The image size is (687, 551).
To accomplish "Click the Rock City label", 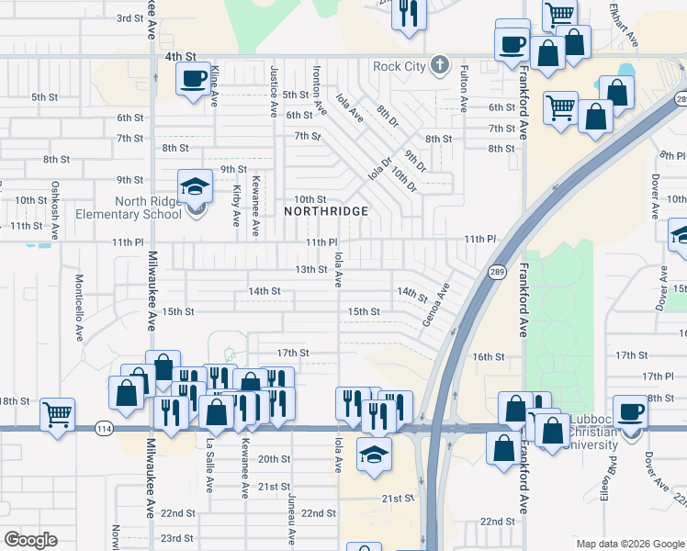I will pyautogui.click(x=400, y=66).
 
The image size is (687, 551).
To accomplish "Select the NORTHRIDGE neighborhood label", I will pyautogui.click(x=326, y=211).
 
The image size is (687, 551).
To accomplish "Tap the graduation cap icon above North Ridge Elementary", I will pyautogui.click(x=195, y=187).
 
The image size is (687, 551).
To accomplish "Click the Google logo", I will pyautogui.click(x=31, y=539).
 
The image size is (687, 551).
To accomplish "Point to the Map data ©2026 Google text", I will pyautogui.click(x=630, y=544).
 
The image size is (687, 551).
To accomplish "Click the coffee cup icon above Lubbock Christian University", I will pyautogui.click(x=630, y=412).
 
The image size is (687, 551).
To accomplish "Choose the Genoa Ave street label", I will pyautogui.click(x=437, y=305).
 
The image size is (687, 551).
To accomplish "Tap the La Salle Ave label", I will pyautogui.click(x=209, y=465).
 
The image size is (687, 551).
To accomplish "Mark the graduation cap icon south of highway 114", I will pyautogui.click(x=373, y=456).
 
